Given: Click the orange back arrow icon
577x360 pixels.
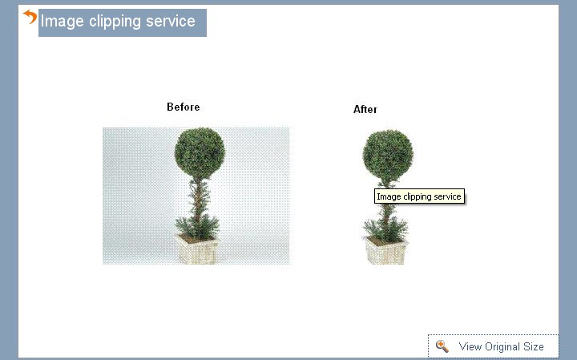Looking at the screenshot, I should click(x=30, y=16).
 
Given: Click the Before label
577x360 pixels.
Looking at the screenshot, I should click(x=184, y=107).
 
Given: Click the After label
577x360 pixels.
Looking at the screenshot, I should click(x=365, y=109).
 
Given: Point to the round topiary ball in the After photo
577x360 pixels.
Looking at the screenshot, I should click(x=388, y=155).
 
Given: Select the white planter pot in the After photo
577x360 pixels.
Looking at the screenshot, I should click(x=386, y=251).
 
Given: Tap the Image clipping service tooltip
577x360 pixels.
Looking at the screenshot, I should click(x=419, y=196).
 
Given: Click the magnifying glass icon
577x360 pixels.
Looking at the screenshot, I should click(x=442, y=346).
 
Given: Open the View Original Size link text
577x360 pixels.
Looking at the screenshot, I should click(x=501, y=347).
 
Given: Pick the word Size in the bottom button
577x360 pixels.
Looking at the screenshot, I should click(x=534, y=347).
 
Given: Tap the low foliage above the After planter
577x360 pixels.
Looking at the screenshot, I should click(x=385, y=227).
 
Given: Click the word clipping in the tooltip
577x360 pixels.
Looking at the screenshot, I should click(x=418, y=196).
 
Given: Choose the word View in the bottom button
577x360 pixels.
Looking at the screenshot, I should click(x=470, y=347).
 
